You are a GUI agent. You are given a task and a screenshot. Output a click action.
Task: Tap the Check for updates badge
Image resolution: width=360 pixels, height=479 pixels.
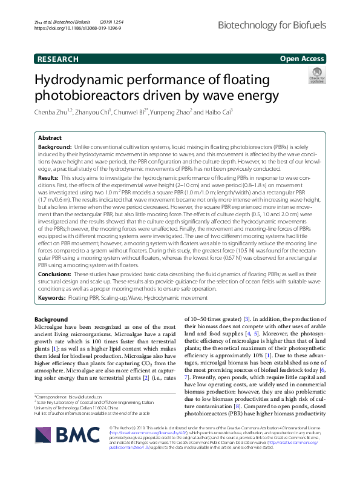coord(316,76)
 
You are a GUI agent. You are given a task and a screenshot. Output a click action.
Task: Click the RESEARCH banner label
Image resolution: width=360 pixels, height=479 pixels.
coord(57,59)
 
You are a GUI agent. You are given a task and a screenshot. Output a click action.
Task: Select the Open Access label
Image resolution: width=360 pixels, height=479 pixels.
coord(301,59)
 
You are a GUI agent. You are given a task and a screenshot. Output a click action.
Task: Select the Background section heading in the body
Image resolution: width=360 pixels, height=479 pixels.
coord(51,319)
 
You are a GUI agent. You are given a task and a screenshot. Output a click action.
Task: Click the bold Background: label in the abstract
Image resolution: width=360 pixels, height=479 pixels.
coord(55,147)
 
